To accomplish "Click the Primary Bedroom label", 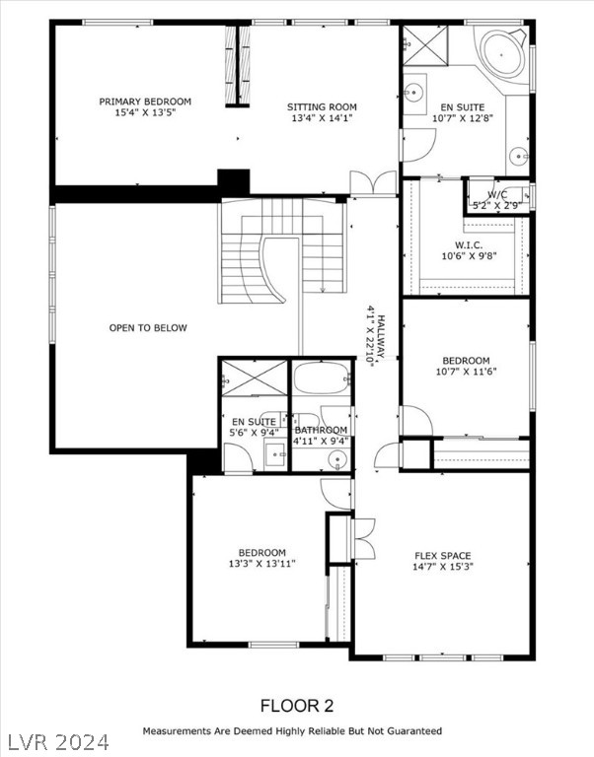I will pyautogui.click(x=145, y=102).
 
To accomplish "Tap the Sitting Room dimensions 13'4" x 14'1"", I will pyautogui.click(x=322, y=118).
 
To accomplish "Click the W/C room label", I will pyautogui.click(x=495, y=195).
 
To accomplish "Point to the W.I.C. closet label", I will pyautogui.click(x=468, y=245).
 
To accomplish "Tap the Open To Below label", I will pyautogui.click(x=147, y=328).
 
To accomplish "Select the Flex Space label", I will pyautogui.click(x=442, y=554).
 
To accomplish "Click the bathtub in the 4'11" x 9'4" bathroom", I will pyautogui.click(x=322, y=377).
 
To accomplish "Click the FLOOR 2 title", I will pyautogui.click(x=296, y=705).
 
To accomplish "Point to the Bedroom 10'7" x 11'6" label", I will pyautogui.click(x=465, y=361).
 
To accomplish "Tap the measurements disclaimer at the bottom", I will pyautogui.click(x=292, y=731).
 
